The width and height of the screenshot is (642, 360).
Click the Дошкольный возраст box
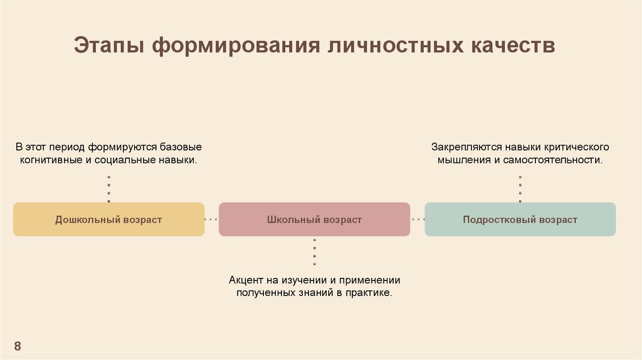pos(108,220)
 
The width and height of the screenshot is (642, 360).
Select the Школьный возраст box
pos(314,220)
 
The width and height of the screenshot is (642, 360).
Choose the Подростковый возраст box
pos(520,220)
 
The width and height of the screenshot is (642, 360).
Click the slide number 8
pos(18,346)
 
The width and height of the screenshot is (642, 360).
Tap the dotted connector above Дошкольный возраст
pos(108,189)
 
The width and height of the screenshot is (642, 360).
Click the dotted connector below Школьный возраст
pos(314,251)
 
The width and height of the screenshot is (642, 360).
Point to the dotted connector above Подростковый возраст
pos(520,189)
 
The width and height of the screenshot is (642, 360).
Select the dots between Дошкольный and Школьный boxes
pos(211,220)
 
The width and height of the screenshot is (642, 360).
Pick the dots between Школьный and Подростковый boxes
pos(418,220)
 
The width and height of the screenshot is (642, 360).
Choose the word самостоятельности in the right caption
pos(562,161)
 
